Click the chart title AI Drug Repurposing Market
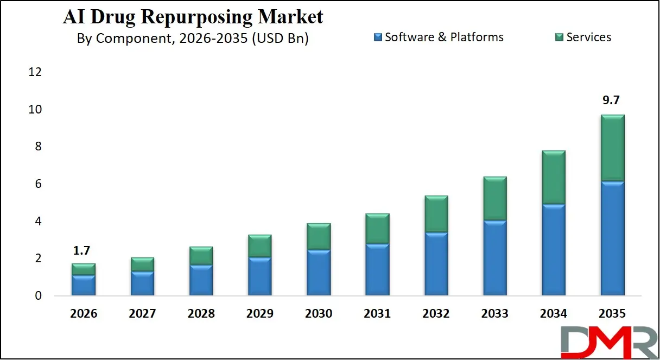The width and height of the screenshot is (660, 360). [x=193, y=17]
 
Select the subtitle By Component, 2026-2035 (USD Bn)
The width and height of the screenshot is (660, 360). [x=193, y=39]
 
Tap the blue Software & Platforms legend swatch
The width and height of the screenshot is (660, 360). [x=378, y=37]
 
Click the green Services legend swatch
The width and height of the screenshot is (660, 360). [x=559, y=37]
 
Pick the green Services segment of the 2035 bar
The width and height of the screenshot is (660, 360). [x=612, y=148]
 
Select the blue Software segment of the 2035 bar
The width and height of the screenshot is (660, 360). [x=612, y=238]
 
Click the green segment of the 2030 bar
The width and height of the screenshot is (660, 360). [x=319, y=236]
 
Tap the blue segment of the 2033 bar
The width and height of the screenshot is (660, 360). [x=494, y=258]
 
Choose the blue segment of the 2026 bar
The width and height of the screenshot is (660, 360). [x=84, y=285]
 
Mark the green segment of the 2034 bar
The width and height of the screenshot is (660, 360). [x=554, y=177]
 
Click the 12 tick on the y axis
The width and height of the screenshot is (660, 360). [x=34, y=72]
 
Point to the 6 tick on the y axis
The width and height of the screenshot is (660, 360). [x=37, y=184]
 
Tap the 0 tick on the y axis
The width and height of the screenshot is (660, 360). [x=37, y=296]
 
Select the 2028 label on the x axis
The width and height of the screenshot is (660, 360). [x=201, y=314]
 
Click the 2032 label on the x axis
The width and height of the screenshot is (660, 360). [x=436, y=314]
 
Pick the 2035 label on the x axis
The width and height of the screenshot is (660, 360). [x=612, y=314]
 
